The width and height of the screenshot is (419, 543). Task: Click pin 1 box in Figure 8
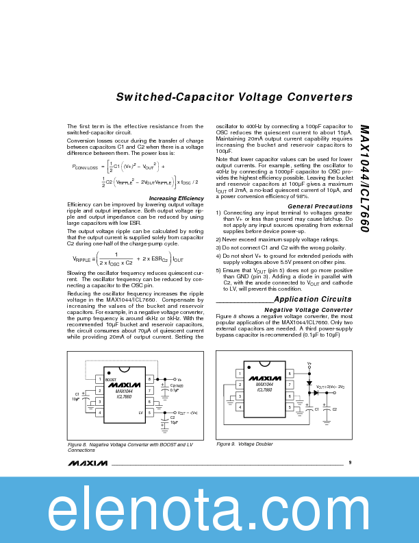click(x=99, y=379)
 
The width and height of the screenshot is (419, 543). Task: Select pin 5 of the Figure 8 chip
click(x=149, y=413)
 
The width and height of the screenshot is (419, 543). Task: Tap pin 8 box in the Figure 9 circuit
click(x=290, y=374)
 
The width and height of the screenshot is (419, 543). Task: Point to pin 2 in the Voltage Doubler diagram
click(x=240, y=385)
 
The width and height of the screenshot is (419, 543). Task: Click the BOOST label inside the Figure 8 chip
click(x=110, y=379)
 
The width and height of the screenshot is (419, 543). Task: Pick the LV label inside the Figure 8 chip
click(x=140, y=413)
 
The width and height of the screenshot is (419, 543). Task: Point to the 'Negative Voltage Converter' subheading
click(x=308, y=310)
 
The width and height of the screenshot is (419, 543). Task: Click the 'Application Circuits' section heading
click(x=312, y=299)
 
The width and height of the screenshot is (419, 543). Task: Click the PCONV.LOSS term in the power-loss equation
click(x=85, y=167)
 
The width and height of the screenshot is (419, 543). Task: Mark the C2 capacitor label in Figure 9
click(x=335, y=409)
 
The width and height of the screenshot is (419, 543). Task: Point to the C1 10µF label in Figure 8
click(x=77, y=396)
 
